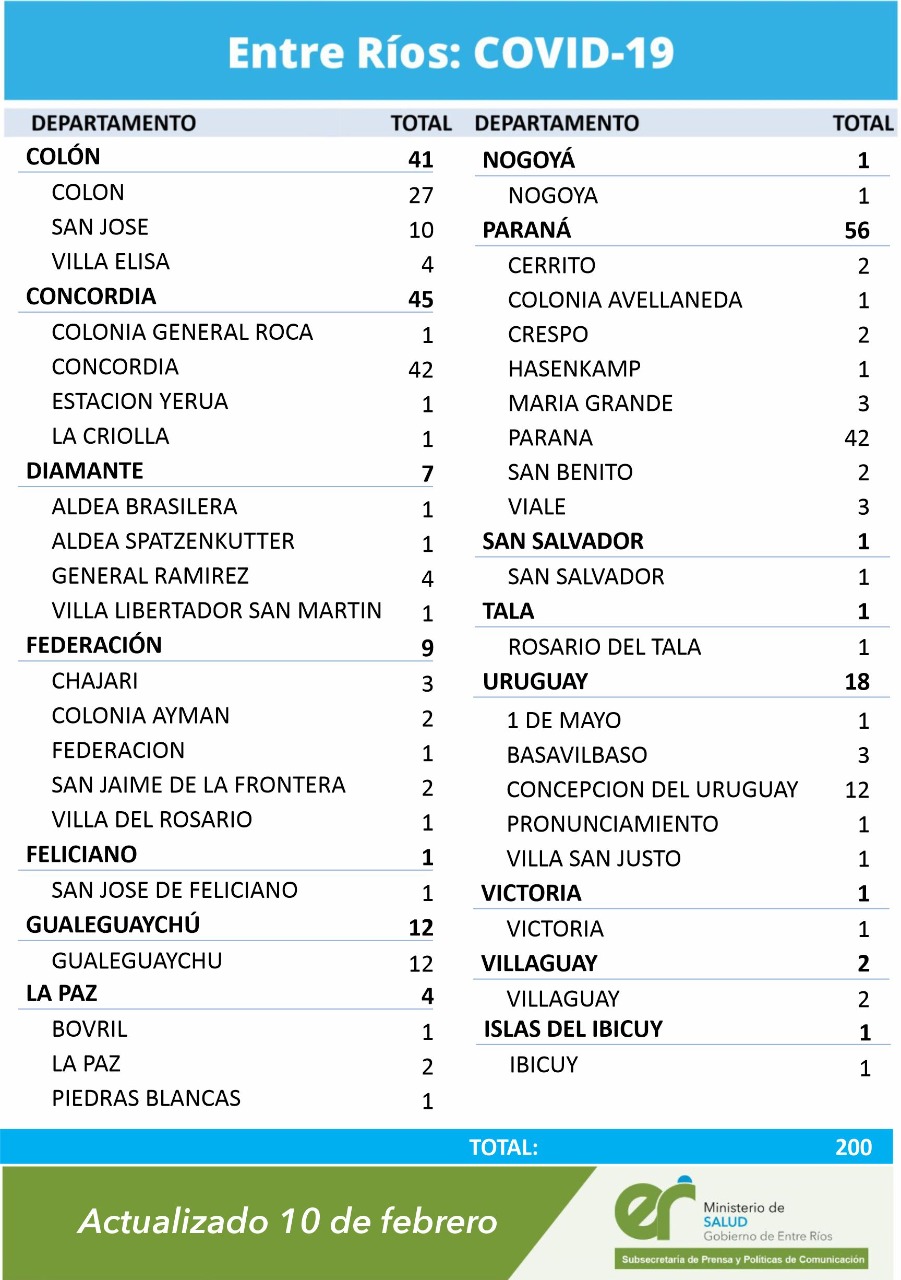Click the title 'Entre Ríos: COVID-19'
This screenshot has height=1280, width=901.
(x=450, y=53)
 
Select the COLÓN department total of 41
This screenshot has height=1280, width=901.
(x=420, y=159)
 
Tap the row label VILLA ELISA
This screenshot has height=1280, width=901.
(x=111, y=262)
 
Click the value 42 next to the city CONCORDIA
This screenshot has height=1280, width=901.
(x=420, y=369)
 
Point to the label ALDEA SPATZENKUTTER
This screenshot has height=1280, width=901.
(x=173, y=541)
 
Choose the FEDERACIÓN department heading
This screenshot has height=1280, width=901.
(x=94, y=646)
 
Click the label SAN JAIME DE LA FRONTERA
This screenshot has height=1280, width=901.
(x=199, y=785)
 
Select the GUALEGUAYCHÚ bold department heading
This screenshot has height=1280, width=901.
(x=113, y=925)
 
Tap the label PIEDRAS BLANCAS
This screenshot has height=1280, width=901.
(x=146, y=1098)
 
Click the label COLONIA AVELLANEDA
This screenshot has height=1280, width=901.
(x=625, y=300)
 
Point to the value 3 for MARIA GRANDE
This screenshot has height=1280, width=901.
(x=863, y=404)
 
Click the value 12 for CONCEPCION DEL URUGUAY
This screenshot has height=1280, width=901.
(x=857, y=790)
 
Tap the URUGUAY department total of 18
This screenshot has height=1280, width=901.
(x=857, y=683)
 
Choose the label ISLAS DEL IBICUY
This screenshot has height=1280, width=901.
(x=573, y=1029)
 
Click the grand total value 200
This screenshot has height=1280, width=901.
(x=853, y=1148)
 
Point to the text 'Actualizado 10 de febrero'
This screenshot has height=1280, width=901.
(x=288, y=1221)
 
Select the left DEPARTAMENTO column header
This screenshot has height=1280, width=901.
(x=114, y=123)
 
